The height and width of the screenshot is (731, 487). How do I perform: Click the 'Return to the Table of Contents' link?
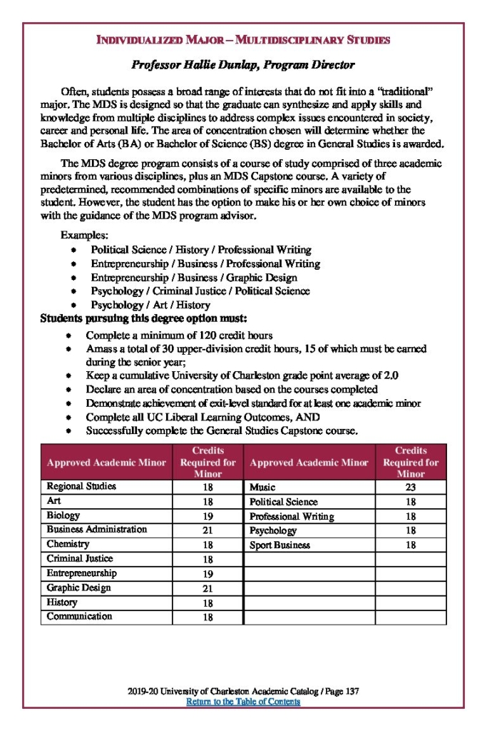tap(243, 702)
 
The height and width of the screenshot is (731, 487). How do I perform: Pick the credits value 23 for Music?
tap(410, 488)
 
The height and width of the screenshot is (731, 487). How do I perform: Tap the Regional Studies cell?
tap(81, 486)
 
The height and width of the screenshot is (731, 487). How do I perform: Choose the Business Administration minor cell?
tap(97, 530)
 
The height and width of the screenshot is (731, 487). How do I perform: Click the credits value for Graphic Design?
tap(207, 588)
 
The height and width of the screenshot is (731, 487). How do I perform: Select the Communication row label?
tap(79, 616)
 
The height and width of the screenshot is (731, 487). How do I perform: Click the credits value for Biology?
tap(207, 516)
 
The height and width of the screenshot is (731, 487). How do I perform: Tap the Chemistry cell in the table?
tap(68, 544)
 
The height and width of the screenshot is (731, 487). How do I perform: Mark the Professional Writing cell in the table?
tap(292, 516)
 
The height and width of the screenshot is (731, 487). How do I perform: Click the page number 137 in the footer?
tap(351, 691)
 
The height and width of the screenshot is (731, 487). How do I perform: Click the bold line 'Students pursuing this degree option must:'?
tap(144, 318)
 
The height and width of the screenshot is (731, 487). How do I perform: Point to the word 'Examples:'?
tap(81, 235)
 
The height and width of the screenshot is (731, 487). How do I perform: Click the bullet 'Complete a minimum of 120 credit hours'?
tap(179, 335)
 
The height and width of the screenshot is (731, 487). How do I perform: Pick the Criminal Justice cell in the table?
tap(80, 558)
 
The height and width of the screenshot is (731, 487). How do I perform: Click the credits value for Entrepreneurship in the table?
tap(207, 574)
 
